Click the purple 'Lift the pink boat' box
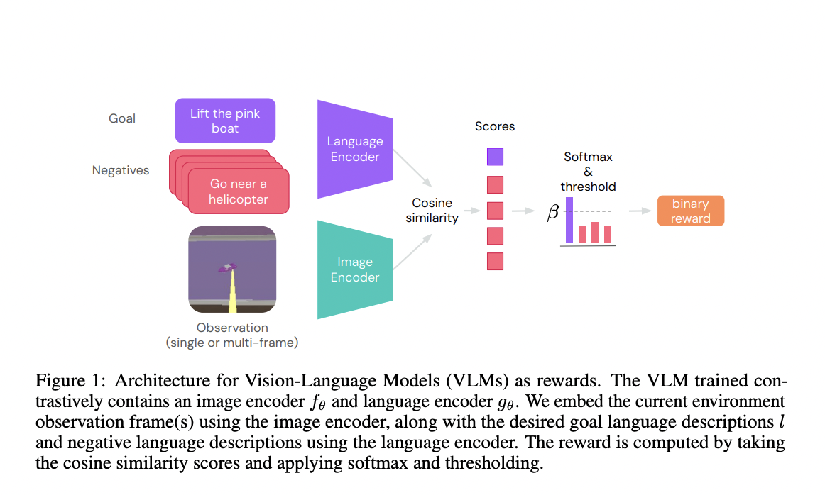tap(225, 121)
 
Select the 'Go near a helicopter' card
tap(239, 191)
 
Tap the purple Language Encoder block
tap(355, 149)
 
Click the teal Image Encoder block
tap(355, 269)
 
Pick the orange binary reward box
tap(690, 211)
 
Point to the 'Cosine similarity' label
tap(432, 211)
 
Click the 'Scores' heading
tap(495, 126)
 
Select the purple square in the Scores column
tap(495, 156)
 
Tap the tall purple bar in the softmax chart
tap(569, 220)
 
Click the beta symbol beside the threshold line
tap(552, 212)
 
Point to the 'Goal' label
tap(122, 118)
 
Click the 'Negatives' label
tap(121, 170)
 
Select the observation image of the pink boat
tap(232, 269)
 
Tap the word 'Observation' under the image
tap(232, 328)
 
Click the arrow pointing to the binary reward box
tap(639, 211)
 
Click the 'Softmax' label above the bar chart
tap(588, 157)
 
